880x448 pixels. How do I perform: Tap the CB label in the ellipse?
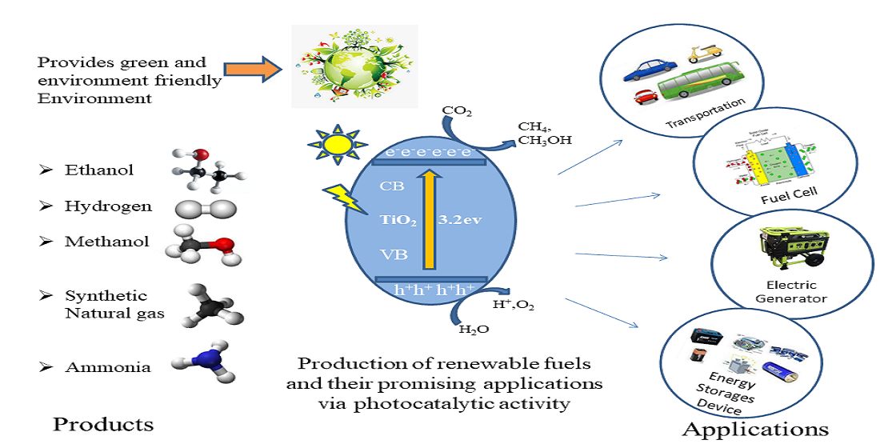[x=393, y=186]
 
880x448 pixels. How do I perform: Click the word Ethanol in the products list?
[x=99, y=170]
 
